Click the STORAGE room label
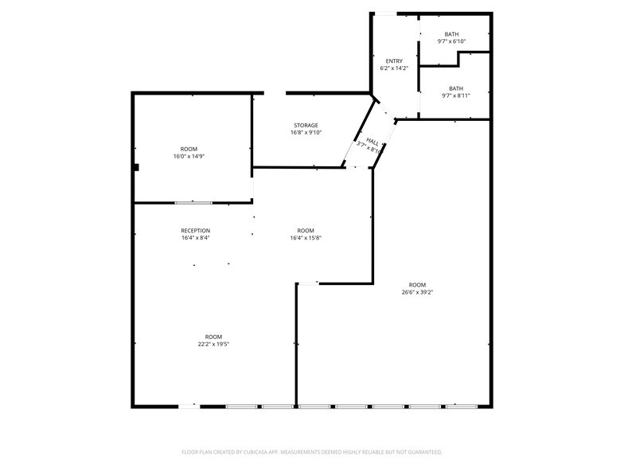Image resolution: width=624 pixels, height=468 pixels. (x=306, y=125)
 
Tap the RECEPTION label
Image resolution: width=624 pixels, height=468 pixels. (x=195, y=231)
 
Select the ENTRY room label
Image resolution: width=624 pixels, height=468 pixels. (x=394, y=61)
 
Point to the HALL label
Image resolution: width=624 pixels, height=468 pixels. (x=372, y=140)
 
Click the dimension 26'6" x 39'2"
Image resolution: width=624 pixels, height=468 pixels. (x=417, y=292)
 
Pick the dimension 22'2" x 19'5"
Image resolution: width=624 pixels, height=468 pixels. (x=213, y=344)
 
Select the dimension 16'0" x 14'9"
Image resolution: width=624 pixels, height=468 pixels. (x=189, y=157)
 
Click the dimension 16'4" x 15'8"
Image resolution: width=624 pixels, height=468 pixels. (x=306, y=237)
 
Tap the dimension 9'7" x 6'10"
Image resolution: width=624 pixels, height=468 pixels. (x=452, y=41)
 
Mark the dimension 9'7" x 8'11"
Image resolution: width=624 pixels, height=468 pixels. (x=456, y=96)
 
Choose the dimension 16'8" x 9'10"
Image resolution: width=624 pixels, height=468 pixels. (x=306, y=132)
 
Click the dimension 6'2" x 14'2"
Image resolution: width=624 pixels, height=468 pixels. (x=394, y=68)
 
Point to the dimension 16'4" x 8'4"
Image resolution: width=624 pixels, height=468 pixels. (x=195, y=237)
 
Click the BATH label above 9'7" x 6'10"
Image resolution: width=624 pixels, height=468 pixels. (x=452, y=34)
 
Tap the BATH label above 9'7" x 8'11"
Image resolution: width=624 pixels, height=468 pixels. (x=456, y=88)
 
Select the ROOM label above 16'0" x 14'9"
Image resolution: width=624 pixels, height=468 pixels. (x=189, y=150)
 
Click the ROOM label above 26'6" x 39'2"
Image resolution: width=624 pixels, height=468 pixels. (x=417, y=285)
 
